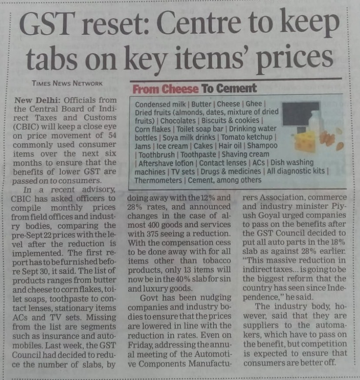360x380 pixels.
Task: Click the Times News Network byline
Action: pos(67,83)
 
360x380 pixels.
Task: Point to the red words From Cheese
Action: pos(165,89)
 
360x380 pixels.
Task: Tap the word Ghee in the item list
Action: pos(254,104)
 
